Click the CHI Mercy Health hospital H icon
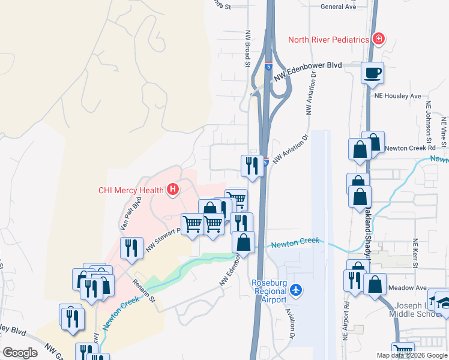[x=173, y=190]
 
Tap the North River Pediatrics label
[x=328, y=40]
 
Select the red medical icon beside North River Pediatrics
[x=378, y=40]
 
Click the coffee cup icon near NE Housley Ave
[x=372, y=73]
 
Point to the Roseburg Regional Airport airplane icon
[x=295, y=290]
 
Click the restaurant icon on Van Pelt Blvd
[x=131, y=247]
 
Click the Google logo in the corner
[x=20, y=353]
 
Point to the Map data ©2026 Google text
[x=412, y=355]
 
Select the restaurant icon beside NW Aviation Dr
[x=252, y=165]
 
